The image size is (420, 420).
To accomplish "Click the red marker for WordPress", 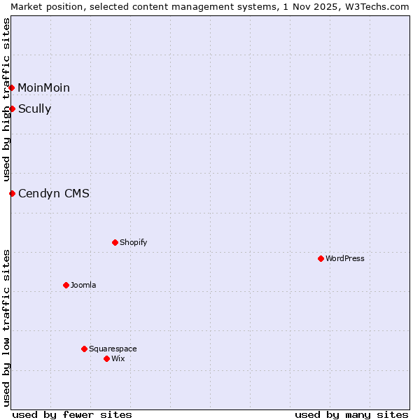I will coord(321,258).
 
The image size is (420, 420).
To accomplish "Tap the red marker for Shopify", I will coord(115,242).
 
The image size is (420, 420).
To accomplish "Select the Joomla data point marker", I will coord(66,285).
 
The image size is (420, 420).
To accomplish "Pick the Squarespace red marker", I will coord(84,349).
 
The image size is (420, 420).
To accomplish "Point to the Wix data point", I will coord(106,358).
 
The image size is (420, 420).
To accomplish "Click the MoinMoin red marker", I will coord(12,87).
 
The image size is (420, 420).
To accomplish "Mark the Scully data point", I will coord(12,108).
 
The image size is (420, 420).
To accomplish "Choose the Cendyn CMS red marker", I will coord(12,193).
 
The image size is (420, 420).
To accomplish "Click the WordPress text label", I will coord(345,258).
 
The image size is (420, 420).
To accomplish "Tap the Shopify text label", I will coord(133,242).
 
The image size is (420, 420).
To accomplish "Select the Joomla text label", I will coord(83,285).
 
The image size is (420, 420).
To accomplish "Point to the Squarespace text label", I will coord(113,349).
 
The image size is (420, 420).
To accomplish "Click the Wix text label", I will coord(118,358).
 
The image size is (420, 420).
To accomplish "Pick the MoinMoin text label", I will coord(44,87).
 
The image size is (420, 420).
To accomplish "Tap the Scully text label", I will coord(35,108).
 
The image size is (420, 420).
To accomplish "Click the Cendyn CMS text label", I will coord(54,193).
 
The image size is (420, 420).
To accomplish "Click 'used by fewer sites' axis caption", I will coord(72,414).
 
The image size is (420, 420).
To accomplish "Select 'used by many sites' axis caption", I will coord(351,414).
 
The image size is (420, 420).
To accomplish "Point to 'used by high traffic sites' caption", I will coord(6,99).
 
